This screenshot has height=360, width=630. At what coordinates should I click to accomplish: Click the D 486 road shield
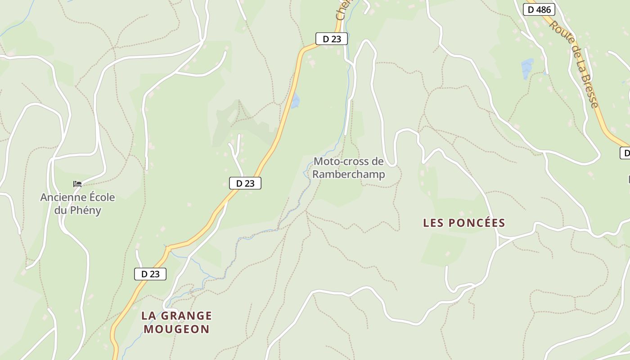pyautogui.click(x=539, y=9)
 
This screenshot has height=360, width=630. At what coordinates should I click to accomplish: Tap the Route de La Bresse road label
pyautogui.click(x=574, y=64)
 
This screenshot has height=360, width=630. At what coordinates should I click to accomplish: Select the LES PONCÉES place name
pyautogui.click(x=464, y=223)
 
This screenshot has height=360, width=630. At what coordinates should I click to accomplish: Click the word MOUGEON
pyautogui.click(x=176, y=329)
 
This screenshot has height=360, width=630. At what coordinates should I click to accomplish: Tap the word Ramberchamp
pyautogui.click(x=349, y=174)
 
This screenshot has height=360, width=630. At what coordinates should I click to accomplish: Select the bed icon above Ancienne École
pyautogui.click(x=77, y=184)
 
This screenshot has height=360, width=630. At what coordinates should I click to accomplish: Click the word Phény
pyautogui.click(x=84, y=210)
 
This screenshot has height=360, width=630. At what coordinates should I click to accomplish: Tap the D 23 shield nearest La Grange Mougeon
pyautogui.click(x=150, y=274)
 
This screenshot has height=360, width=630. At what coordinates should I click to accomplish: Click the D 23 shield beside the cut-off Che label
pyautogui.click(x=332, y=39)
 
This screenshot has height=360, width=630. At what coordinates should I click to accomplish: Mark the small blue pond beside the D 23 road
pyautogui.click(x=295, y=101)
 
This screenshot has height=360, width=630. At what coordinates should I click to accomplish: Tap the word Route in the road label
pyautogui.click(x=558, y=30)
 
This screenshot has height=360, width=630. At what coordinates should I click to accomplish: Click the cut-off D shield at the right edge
pyautogui.click(x=625, y=153)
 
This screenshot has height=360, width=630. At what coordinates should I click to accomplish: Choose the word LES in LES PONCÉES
pyautogui.click(x=433, y=223)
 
